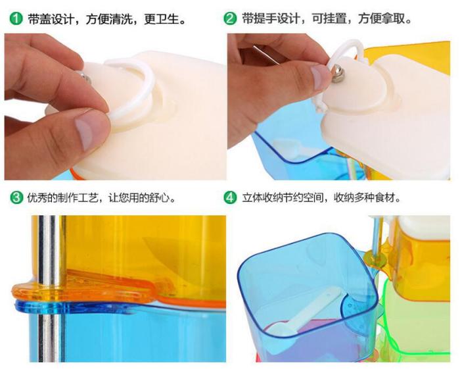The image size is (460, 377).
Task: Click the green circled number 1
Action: pos(16,19)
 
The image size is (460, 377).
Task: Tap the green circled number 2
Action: pos(230,19)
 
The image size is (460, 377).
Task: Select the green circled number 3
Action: pos(16,197)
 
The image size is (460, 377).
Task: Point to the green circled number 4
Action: pos(230,197)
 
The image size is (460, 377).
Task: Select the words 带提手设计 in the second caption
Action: pos(270,19)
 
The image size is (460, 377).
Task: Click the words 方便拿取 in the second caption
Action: pos(380,19)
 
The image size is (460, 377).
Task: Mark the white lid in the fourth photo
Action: pos(422,228)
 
